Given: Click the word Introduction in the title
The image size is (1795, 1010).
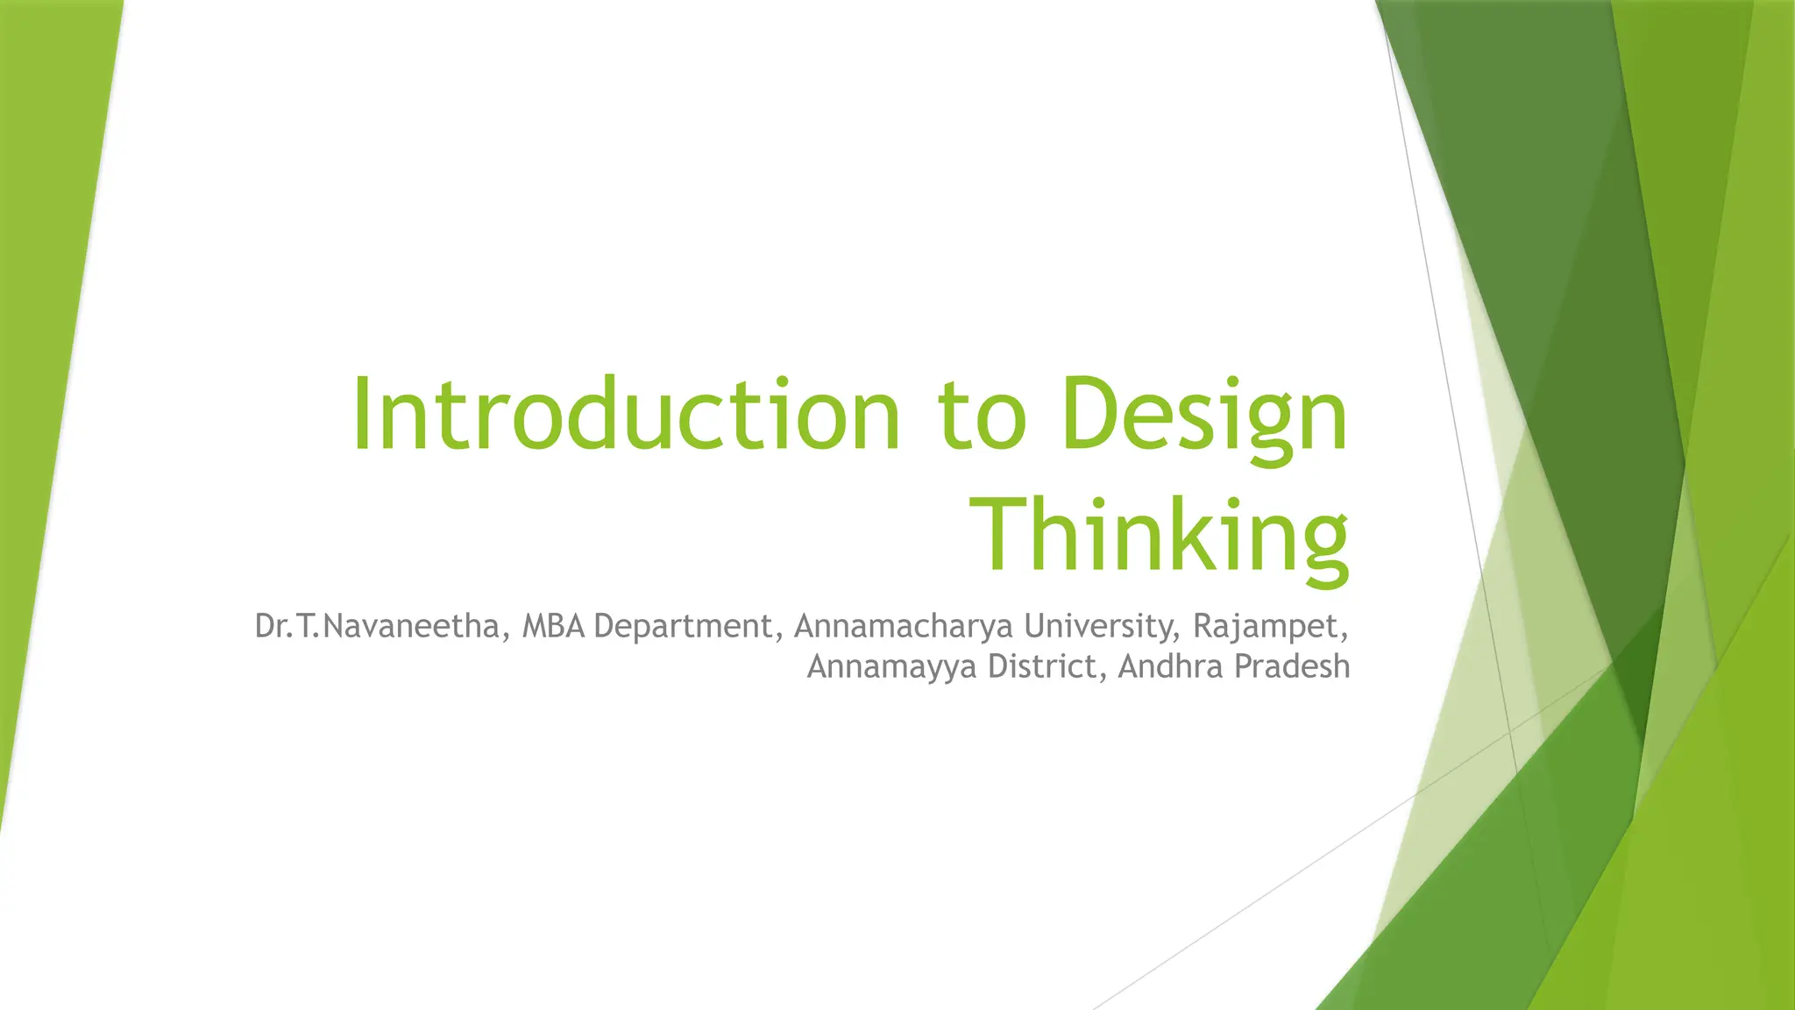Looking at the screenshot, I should click(x=626, y=414).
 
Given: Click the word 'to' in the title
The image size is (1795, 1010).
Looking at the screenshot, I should click(x=982, y=416).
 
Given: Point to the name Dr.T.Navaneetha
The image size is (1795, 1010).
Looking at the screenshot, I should click(x=376, y=626).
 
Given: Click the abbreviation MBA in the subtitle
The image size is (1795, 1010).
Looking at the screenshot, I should click(x=553, y=626).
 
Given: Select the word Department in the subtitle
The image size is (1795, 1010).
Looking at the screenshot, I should click(x=683, y=627).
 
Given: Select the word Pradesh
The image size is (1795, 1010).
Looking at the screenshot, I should click(x=1292, y=666).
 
